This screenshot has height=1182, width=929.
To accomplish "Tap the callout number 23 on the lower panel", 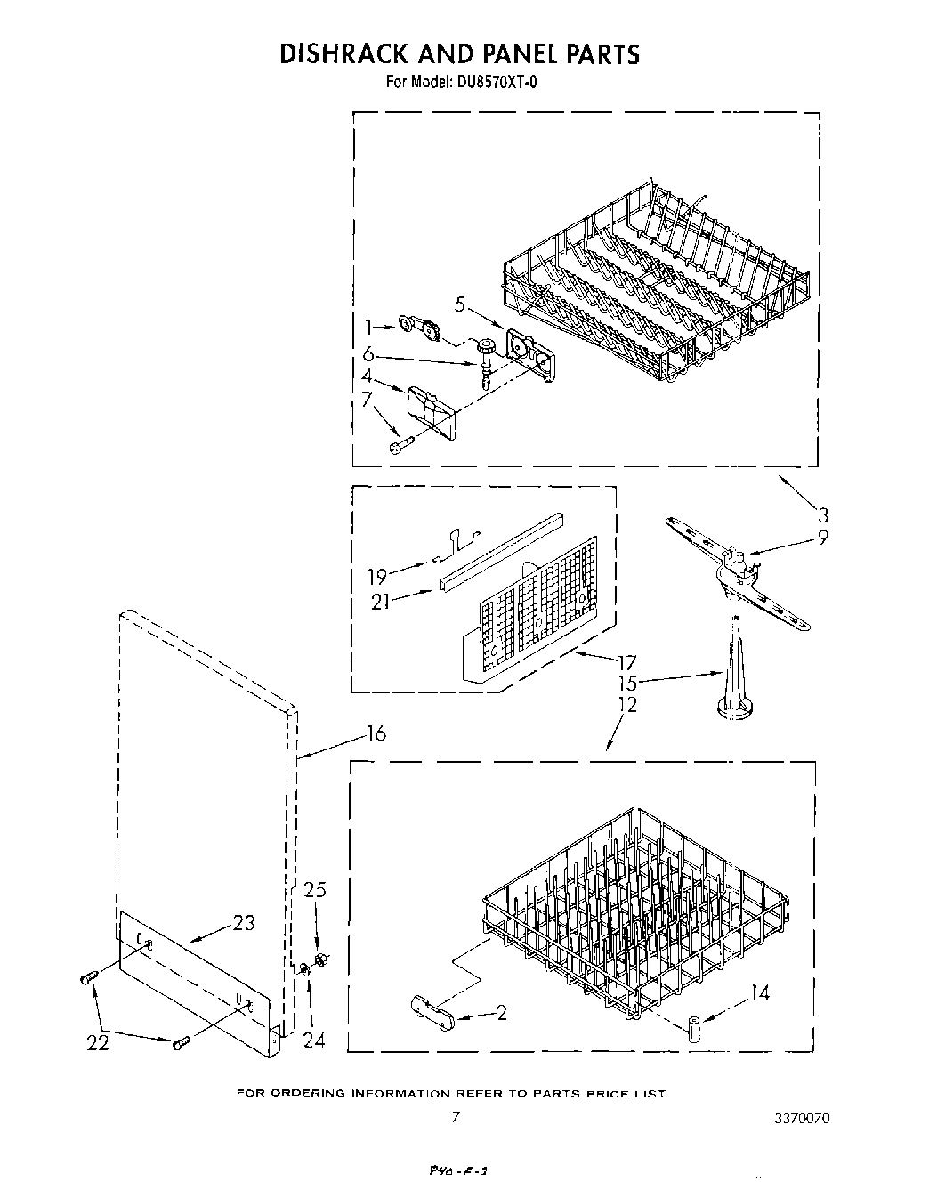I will point(243,923).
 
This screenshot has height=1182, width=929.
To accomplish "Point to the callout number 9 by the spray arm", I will point(822,538).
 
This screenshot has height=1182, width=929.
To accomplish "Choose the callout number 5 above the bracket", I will point(459,305).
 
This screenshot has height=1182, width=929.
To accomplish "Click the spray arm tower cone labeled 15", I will point(735,676).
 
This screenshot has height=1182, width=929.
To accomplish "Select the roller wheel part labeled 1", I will point(421,327).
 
